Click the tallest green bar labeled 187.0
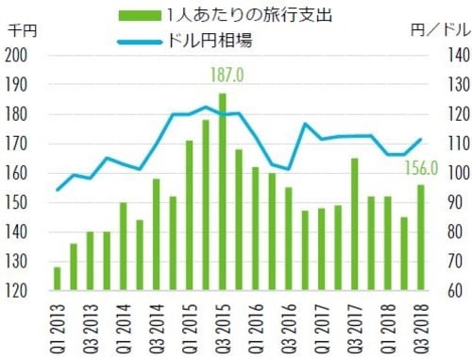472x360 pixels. tap(223, 189)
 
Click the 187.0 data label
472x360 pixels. tap(223, 75)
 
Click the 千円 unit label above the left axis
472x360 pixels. tap(21, 31)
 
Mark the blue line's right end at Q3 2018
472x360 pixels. tap(420, 140)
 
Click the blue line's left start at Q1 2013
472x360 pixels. tap(58, 190)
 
